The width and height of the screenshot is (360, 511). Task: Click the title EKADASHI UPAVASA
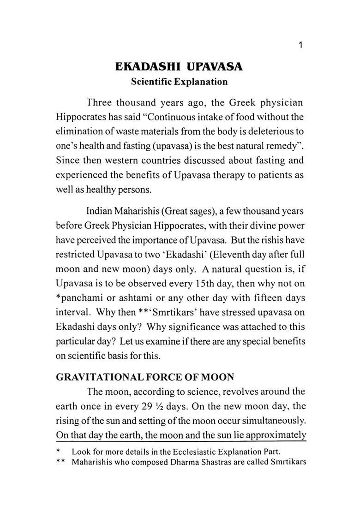[179, 67]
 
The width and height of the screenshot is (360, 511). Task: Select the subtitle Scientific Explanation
[179, 82]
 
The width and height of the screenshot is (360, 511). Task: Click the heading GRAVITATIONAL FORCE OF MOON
[145, 377]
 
